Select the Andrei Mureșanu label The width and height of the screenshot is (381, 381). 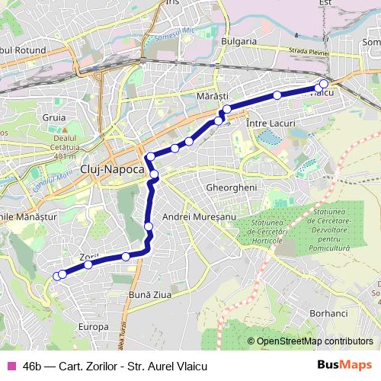(197, 217)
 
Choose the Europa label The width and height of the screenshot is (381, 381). (93, 326)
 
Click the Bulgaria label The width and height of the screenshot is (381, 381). (238, 40)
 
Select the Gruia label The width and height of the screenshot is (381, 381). (54, 117)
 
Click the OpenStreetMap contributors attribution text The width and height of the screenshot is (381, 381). (314, 341)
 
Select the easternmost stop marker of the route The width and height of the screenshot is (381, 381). (324, 84)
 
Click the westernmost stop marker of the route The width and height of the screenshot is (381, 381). (56, 276)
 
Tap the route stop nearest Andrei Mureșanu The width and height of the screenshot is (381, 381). (148, 226)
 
